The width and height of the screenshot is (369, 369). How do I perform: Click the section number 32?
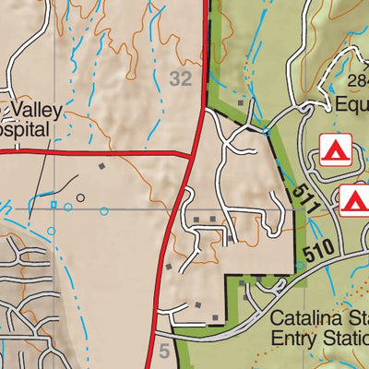click(181, 79)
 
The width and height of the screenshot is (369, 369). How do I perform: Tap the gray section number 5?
click(164, 350)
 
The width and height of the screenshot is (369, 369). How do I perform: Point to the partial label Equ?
click(350, 104)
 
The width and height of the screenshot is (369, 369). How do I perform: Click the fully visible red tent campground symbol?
click(334, 148)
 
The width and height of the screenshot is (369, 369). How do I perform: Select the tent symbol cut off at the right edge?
click(354, 200)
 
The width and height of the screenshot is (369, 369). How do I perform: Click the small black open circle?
click(80, 197)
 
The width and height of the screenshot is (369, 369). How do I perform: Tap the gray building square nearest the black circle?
click(102, 166)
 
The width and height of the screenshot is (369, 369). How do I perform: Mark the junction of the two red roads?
click(192, 153)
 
